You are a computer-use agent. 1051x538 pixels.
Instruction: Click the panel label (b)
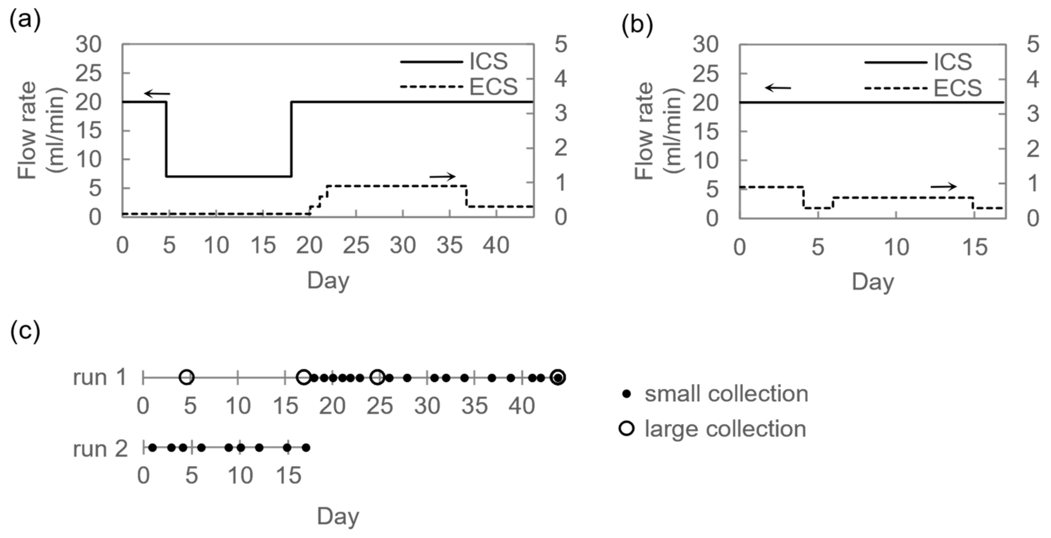click(637, 25)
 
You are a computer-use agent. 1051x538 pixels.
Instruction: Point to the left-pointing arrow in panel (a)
click(157, 94)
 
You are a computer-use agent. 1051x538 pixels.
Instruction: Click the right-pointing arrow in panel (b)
click(943, 187)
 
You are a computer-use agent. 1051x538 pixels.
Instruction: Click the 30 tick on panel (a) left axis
click(88, 44)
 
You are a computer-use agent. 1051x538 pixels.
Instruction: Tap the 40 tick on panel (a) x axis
click(496, 246)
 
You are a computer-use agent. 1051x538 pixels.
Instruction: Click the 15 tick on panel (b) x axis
click(975, 247)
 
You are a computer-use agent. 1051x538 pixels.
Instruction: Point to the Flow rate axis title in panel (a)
click(41, 131)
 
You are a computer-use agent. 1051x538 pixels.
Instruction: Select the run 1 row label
click(100, 377)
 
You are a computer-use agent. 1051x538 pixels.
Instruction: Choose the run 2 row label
click(100, 449)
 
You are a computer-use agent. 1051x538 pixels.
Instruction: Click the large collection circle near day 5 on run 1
click(187, 377)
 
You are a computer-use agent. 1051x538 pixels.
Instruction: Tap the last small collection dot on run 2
click(306, 448)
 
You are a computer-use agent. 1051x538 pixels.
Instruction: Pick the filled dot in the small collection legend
click(628, 394)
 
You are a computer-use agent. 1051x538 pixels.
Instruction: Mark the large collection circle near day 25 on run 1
click(377, 377)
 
